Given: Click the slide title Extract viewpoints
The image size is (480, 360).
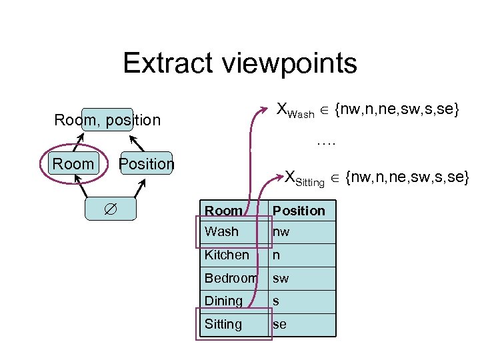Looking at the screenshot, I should pyautogui.click(x=240, y=64).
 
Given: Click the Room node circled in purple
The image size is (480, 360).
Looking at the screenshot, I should pyautogui.click(x=73, y=164).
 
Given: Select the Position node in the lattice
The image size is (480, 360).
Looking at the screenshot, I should pyautogui.click(x=146, y=164).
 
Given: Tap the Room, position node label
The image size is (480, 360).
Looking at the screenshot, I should pyautogui.click(x=107, y=120).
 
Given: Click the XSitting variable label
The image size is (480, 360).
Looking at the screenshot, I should pyautogui.click(x=305, y=178).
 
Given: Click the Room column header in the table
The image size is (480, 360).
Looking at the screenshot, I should pyautogui.click(x=223, y=211).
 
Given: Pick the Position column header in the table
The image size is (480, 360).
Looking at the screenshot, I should pyautogui.click(x=299, y=211).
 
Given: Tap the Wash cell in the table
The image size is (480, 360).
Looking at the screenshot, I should pyautogui.click(x=221, y=232).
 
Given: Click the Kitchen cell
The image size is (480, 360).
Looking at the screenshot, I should pyautogui.click(x=227, y=255).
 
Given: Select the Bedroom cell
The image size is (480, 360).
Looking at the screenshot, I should pyautogui.click(x=231, y=278).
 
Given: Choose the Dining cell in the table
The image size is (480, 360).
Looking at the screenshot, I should pyautogui.click(x=223, y=301).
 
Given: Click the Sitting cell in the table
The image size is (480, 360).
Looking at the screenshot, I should pyautogui.click(x=223, y=325).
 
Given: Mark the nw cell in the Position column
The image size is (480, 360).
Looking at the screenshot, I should pyautogui.click(x=281, y=232).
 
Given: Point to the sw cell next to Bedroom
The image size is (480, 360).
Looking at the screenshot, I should pyautogui.click(x=281, y=278).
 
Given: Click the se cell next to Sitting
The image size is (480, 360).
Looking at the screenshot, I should pyautogui.click(x=280, y=325).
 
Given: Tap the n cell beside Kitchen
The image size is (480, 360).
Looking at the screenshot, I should pyautogui.click(x=276, y=255).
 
